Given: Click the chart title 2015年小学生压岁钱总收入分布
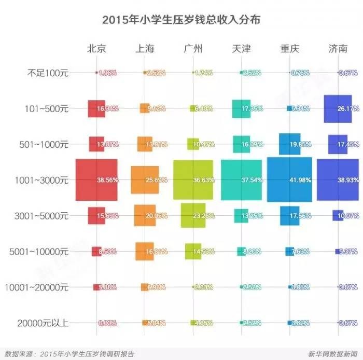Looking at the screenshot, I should click(181, 20).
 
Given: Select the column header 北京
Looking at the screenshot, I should click(96, 49).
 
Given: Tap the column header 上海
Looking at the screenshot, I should click(145, 49).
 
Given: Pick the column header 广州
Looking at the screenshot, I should click(193, 49).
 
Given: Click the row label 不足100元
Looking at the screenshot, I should click(48, 73).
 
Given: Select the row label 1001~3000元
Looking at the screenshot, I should click(44, 180).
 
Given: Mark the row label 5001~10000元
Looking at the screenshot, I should click(39, 252).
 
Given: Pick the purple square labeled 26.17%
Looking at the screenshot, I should click(332, 109).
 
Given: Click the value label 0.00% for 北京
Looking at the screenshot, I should click(108, 323).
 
